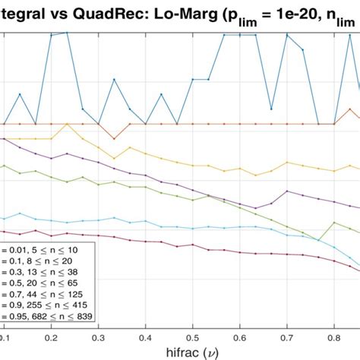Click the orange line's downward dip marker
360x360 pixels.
(113, 137)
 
